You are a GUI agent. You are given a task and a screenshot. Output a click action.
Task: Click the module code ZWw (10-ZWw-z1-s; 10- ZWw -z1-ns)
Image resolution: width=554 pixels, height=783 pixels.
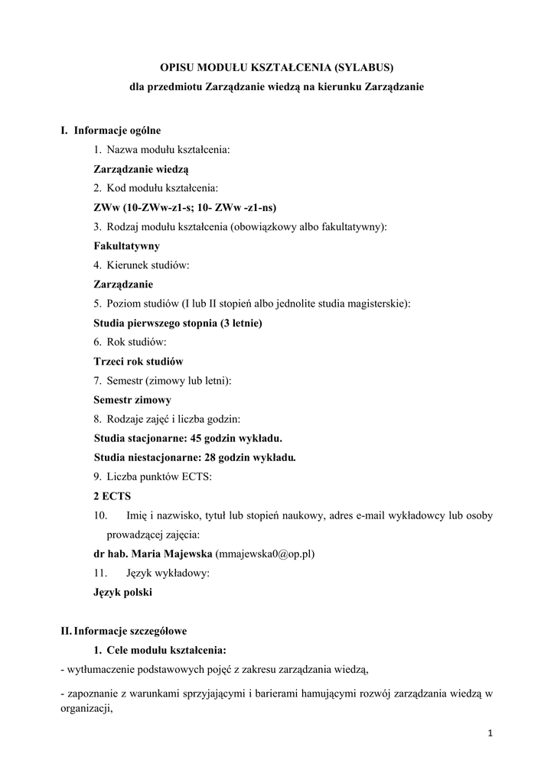pyautogui.click(x=185, y=207)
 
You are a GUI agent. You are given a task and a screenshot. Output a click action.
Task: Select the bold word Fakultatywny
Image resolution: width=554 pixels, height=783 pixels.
pyautogui.click(x=126, y=246)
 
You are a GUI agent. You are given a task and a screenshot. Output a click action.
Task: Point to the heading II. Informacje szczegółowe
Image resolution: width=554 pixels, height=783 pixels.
pyautogui.click(x=124, y=631)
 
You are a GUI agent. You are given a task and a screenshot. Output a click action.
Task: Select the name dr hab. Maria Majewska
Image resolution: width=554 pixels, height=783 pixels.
pyautogui.click(x=153, y=553)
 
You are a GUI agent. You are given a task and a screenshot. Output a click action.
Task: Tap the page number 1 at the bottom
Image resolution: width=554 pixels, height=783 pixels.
pyautogui.click(x=490, y=735)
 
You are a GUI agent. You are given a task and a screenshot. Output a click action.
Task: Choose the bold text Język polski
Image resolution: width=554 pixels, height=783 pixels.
pyautogui.click(x=122, y=592)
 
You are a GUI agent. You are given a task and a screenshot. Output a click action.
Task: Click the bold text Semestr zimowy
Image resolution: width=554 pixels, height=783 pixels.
pyautogui.click(x=132, y=399)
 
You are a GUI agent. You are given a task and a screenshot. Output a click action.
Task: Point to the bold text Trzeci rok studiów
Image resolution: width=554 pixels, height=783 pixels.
pyautogui.click(x=138, y=361)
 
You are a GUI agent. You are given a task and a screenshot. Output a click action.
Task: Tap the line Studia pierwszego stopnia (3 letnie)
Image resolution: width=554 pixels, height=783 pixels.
pyautogui.click(x=178, y=323)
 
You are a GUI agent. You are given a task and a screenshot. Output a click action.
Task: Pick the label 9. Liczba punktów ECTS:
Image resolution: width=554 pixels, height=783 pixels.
pyautogui.click(x=153, y=476)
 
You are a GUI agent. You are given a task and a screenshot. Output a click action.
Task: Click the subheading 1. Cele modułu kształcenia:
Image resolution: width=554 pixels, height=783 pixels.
pyautogui.click(x=159, y=650)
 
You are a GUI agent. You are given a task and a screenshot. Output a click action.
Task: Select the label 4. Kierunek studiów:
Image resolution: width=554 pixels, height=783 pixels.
pyautogui.click(x=142, y=265)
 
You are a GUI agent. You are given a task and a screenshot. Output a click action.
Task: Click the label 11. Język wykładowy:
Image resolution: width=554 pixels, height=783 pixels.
pyautogui.click(x=151, y=572)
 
